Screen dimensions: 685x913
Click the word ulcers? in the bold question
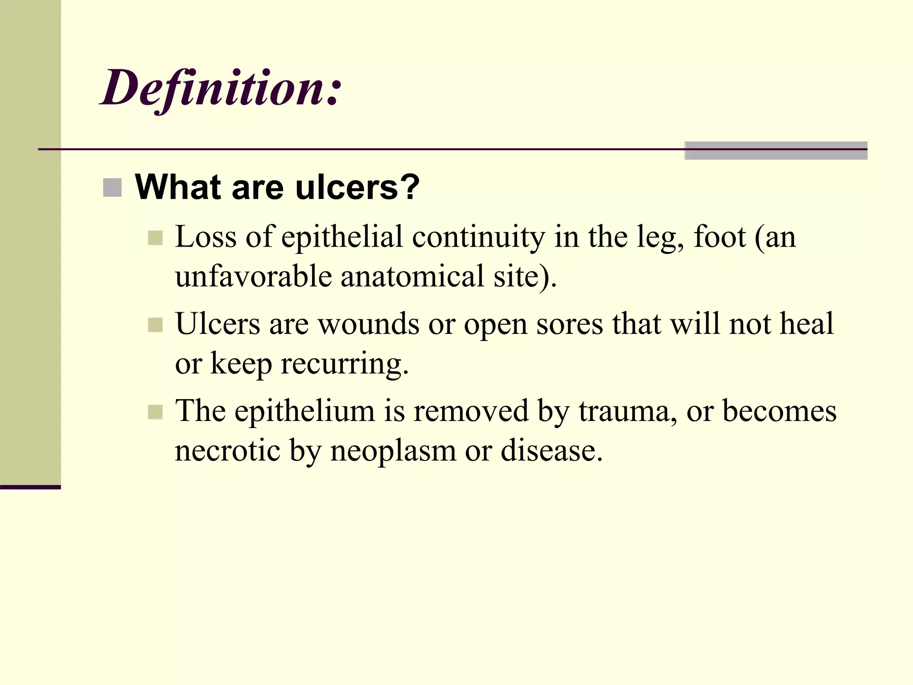tap(357, 187)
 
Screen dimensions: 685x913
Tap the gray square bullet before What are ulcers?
tap(112, 188)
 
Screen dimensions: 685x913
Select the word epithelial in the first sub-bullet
tap(342, 237)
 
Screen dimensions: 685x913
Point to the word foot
tap(720, 237)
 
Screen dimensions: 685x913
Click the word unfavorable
tap(253, 276)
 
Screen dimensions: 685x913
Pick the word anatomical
tap(412, 276)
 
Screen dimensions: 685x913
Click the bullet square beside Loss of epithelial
tap(155, 238)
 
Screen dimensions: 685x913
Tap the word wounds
tap(368, 324)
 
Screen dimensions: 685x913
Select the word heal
tap(806, 324)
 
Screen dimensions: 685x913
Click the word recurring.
tap(344, 364)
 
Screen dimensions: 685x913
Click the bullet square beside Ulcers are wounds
tap(155, 325)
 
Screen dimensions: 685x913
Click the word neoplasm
tap(393, 450)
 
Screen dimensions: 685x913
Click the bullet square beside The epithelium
tap(155, 412)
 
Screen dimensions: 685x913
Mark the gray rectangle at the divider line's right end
tap(776, 151)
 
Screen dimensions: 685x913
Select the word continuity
tap(478, 237)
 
